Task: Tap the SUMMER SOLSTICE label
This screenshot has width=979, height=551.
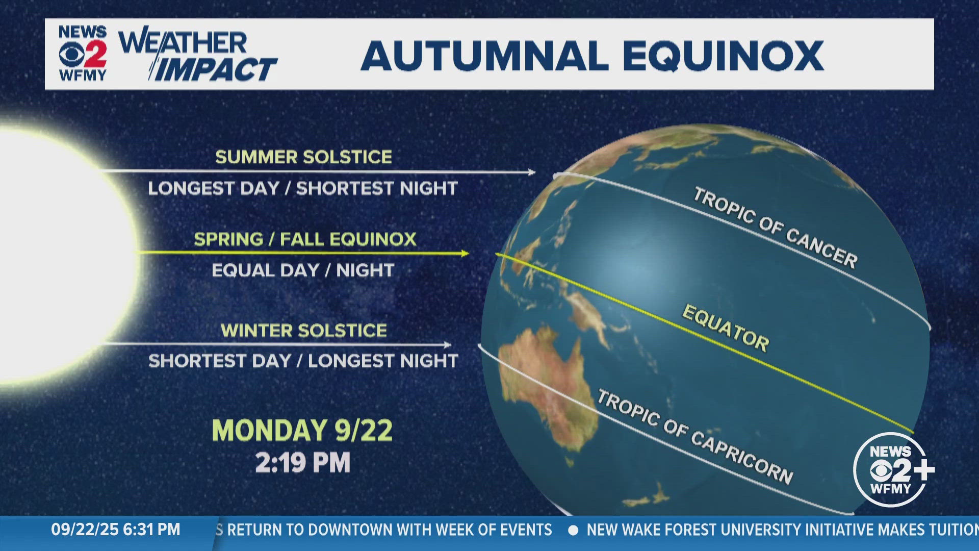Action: pos(303,157)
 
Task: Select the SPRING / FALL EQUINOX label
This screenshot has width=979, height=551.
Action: pos(305,239)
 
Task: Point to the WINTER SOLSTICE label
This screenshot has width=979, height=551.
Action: pos(304,330)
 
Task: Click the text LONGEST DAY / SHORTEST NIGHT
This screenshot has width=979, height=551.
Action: pos(303,188)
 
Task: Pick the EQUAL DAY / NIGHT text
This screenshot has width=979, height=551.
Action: pos(303,270)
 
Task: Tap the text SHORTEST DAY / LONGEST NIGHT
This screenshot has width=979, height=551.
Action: pos(303,361)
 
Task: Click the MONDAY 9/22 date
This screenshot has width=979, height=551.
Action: pos(302,430)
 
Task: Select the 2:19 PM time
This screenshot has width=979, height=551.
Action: pos(303,463)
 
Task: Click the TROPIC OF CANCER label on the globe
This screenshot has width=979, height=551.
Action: pos(775,228)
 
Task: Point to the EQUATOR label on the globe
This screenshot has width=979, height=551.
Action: pos(725,328)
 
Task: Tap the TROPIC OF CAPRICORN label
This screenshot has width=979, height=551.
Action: pos(694,437)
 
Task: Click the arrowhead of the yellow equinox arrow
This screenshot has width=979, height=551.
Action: pos(465,253)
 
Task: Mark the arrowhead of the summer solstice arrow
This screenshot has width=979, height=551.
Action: pos(531,172)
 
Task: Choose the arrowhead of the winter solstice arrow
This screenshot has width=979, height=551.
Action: pos(447,344)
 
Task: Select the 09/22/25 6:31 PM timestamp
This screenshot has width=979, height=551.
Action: pos(116,530)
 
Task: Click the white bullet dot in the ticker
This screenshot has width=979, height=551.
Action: pos(573,530)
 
